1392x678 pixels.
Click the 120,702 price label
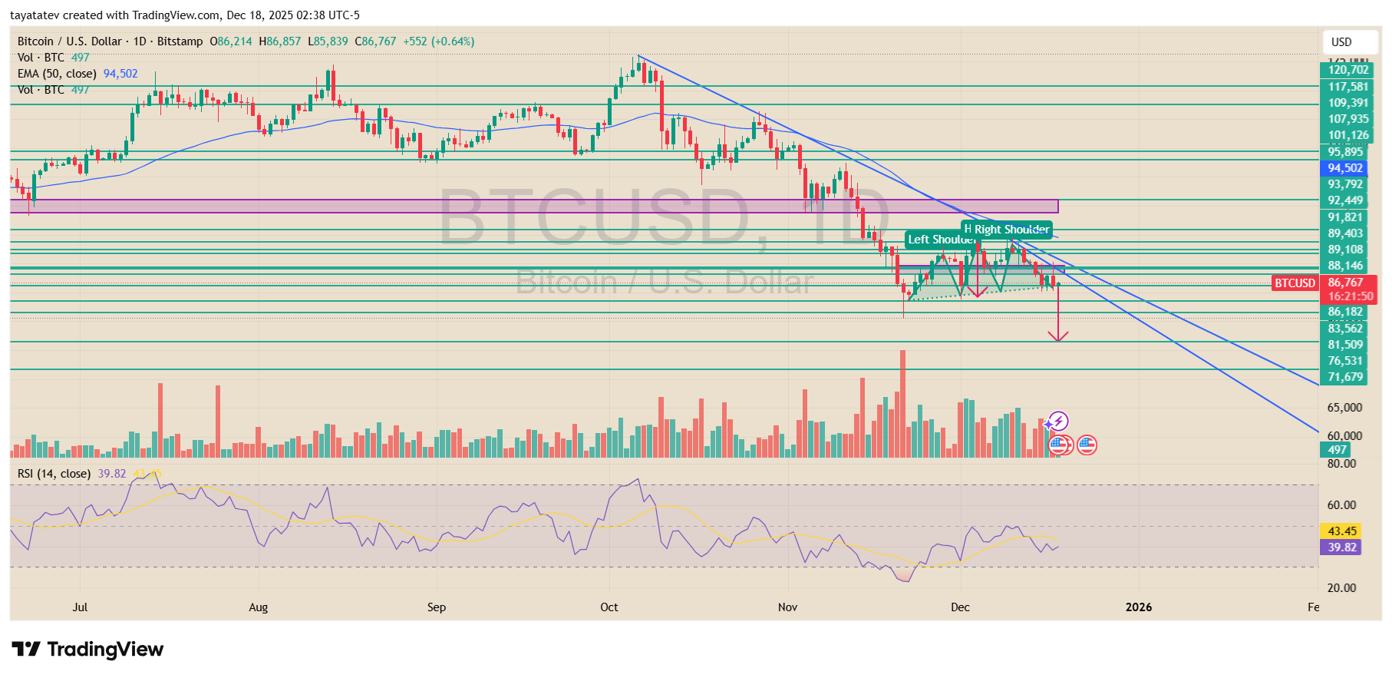(1347, 70)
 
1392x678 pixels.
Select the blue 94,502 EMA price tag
(1344, 168)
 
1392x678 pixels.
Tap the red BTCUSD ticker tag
(1295, 283)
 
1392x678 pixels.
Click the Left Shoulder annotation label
(941, 240)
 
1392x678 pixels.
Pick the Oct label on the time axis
(609, 607)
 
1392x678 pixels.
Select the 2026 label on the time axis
(1138, 607)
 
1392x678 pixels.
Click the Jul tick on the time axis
(80, 607)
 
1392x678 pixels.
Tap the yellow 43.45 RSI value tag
(1341, 531)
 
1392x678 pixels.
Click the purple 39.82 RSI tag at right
(1341, 547)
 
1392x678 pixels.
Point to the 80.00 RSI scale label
(1341, 464)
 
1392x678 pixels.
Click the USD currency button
(1341, 42)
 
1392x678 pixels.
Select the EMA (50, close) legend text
(58, 74)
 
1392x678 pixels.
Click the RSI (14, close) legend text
(54, 474)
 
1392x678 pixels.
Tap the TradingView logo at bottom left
(87, 650)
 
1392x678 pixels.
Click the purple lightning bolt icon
(1058, 421)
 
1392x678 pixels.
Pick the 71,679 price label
(1345, 377)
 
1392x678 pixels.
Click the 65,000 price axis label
(1344, 408)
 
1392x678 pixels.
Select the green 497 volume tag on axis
(1337, 450)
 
